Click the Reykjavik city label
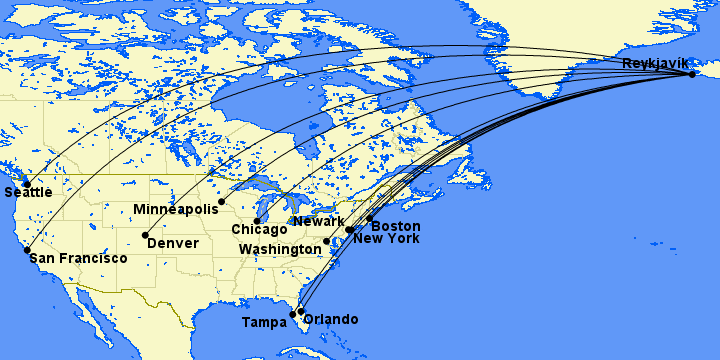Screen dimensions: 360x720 pyautogui.click(x=655, y=63)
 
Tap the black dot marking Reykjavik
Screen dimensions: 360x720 pyautogui.click(x=692, y=74)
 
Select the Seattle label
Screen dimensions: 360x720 pyautogui.click(x=28, y=192)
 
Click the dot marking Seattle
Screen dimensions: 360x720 pyautogui.click(x=26, y=183)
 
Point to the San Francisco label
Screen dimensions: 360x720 pyautogui.click(x=78, y=258)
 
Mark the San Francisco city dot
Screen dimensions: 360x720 pyautogui.click(x=27, y=250)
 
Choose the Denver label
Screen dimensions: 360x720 pyautogui.click(x=173, y=243)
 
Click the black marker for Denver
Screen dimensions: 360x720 pyautogui.click(x=145, y=235)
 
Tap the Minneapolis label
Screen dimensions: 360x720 pyautogui.click(x=175, y=209)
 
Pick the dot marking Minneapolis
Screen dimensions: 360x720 pyautogui.click(x=221, y=202)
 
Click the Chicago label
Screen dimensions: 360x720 pyautogui.click(x=259, y=230)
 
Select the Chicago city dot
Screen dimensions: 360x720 pyautogui.click(x=257, y=220)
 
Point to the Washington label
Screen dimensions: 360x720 pyautogui.click(x=280, y=248)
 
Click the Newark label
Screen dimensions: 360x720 pyautogui.click(x=319, y=221)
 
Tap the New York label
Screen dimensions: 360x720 pyautogui.click(x=386, y=238)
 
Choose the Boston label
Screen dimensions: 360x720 pyautogui.click(x=395, y=226)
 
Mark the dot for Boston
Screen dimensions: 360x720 pyautogui.click(x=370, y=218)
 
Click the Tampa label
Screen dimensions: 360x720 pyautogui.click(x=264, y=322)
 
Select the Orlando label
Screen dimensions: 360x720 pyautogui.click(x=330, y=319)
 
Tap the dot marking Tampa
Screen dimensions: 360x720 pyautogui.click(x=293, y=315)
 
